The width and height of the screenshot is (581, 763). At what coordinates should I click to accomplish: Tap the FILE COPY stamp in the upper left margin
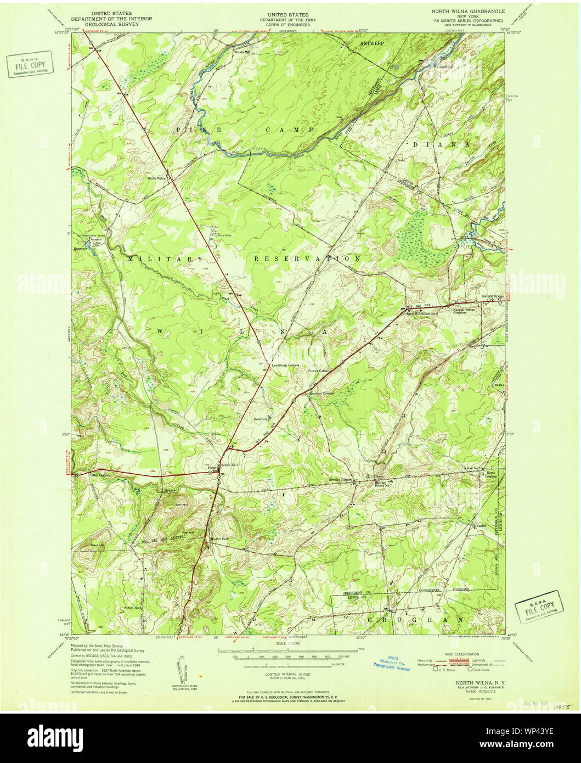pyautogui.click(x=30, y=65)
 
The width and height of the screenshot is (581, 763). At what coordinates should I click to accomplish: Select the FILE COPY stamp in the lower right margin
pyautogui.click(x=539, y=607)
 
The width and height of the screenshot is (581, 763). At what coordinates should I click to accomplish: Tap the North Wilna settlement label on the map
pyautogui.click(x=156, y=178)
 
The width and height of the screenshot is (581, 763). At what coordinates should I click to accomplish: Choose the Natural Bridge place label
pyautogui.click(x=492, y=297)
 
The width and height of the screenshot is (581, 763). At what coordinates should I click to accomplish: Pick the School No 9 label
pyautogui.click(x=133, y=608)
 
